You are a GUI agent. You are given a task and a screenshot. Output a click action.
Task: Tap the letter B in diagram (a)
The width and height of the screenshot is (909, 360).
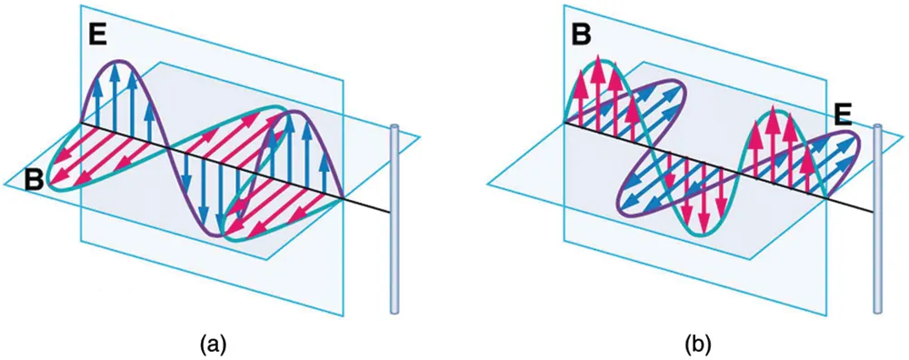point(35,179)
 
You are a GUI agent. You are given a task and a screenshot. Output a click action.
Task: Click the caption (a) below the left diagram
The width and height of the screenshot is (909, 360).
point(212,343)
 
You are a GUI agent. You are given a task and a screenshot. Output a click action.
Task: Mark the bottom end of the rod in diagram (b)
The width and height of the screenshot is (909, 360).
point(877,310)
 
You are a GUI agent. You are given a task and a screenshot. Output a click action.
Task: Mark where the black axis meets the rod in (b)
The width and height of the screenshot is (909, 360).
point(875,212)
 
